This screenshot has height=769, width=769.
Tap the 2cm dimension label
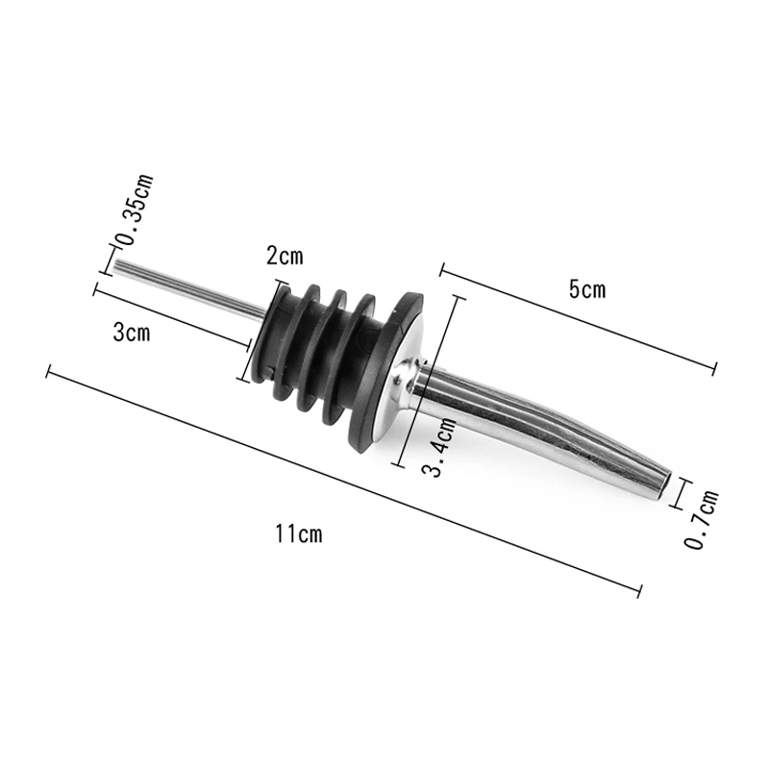[x=285, y=256]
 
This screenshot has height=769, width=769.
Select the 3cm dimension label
[x=132, y=333]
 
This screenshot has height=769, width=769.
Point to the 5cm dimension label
[x=587, y=289]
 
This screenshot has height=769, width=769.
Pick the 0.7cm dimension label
[x=701, y=519]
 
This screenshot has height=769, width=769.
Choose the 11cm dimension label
[x=299, y=533]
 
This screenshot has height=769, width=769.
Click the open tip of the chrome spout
[x=665, y=486]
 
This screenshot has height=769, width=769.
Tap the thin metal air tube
[x=189, y=289]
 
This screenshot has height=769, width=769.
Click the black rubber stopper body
[x=334, y=362]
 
